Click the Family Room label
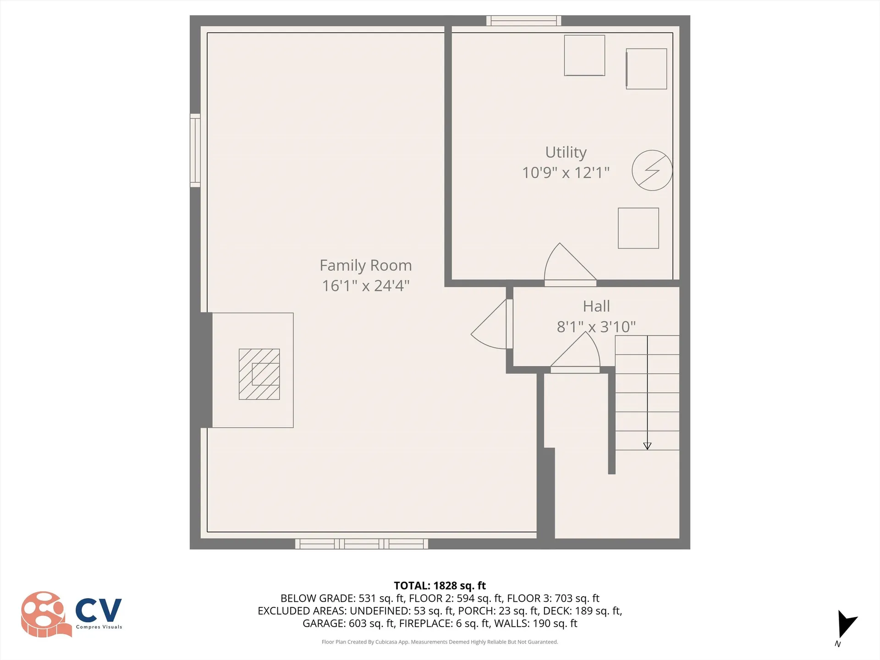pyautogui.click(x=365, y=265)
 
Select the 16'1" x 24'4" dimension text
pyautogui.click(x=365, y=286)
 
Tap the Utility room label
pyautogui.click(x=566, y=152)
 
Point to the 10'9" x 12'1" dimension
pyautogui.click(x=566, y=173)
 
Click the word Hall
pyautogui.click(x=596, y=306)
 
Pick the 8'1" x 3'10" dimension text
pyautogui.click(x=596, y=327)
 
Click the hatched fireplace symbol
pyautogui.click(x=259, y=374)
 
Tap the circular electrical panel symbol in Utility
pyautogui.click(x=652, y=170)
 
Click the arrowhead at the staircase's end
pyautogui.click(x=647, y=446)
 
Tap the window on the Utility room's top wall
pyautogui.click(x=524, y=21)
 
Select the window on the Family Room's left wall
pyautogui.click(x=195, y=150)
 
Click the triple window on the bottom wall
pyautogui.click(x=361, y=544)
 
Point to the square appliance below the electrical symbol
pyautogui.click(x=638, y=228)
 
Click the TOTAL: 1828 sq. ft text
pyautogui.click(x=440, y=586)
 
